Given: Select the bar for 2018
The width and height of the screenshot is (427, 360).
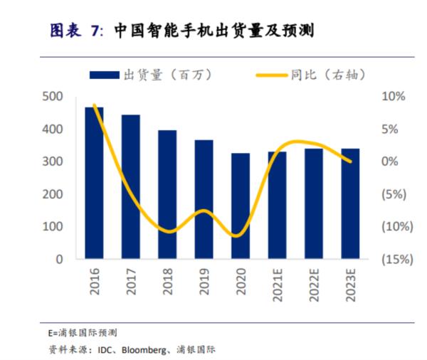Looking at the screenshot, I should pyautogui.click(x=167, y=194).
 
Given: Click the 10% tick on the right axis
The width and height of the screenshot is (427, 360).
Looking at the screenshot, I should pyautogui.click(x=393, y=97).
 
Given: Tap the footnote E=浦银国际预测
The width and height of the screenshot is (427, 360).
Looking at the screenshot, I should pyautogui.click(x=83, y=332).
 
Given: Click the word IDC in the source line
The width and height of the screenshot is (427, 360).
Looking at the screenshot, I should pyautogui.click(x=106, y=349).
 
